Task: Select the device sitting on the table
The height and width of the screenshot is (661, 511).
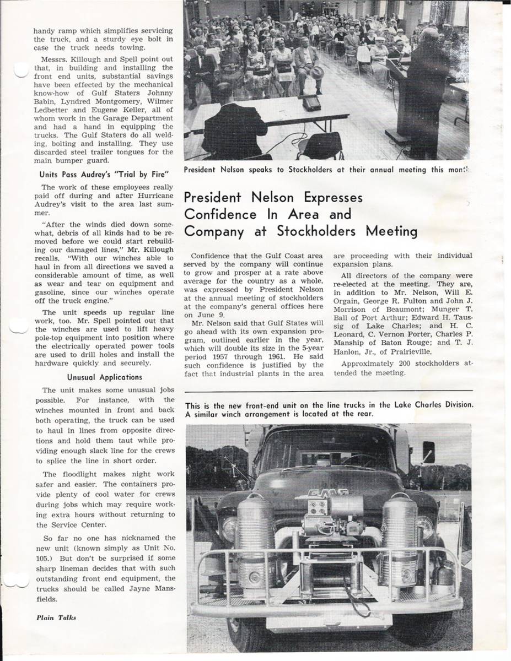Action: click(x=311, y=102)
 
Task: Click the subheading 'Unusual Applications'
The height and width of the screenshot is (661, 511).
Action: click(x=105, y=377)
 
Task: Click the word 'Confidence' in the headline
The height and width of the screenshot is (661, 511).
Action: click(x=213, y=214)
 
